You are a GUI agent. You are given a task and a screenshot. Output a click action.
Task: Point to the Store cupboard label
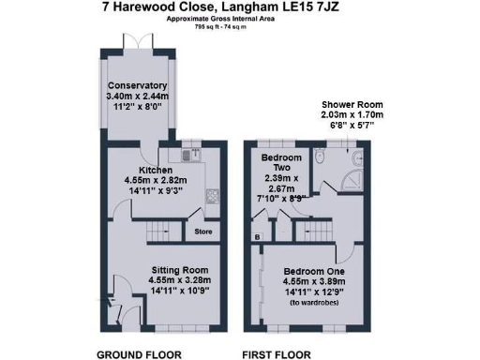[203, 232]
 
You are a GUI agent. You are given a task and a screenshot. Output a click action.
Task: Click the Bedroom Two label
[280, 158]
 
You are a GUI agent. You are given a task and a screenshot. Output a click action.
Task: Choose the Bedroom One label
[315, 272]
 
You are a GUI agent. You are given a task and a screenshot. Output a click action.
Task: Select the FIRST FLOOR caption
[276, 355]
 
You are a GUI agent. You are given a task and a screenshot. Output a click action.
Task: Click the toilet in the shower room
[321, 160]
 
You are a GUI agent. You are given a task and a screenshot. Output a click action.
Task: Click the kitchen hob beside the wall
[211, 197]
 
